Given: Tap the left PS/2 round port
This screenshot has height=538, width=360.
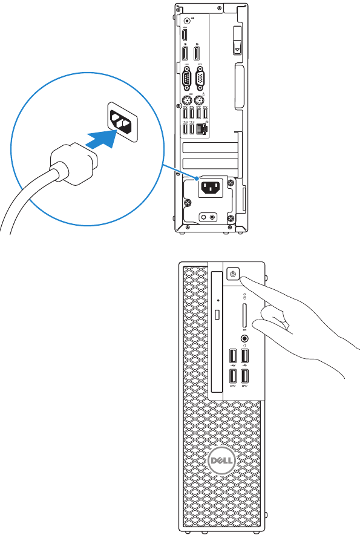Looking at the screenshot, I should (187, 100).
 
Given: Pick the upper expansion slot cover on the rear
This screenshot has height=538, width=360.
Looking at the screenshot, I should (209, 149).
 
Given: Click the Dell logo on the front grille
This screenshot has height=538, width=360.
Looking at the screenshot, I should (221, 461).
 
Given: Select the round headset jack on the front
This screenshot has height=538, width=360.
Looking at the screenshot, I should (244, 340).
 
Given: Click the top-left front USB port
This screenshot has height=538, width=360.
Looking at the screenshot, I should (233, 356).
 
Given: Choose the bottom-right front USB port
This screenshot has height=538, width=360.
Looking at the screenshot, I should (245, 376).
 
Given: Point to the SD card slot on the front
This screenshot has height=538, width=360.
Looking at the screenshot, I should (243, 316).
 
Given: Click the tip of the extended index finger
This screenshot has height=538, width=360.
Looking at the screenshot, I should (244, 277).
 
